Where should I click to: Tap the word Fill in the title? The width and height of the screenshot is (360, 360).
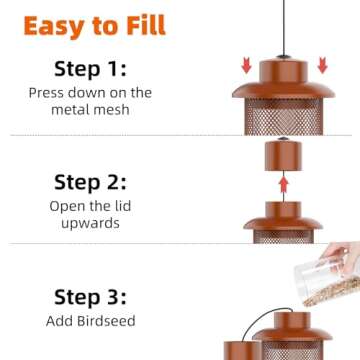tap(141, 25)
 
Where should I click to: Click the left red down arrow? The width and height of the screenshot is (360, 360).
tap(244, 66)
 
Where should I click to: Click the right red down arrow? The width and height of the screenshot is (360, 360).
tap(322, 66)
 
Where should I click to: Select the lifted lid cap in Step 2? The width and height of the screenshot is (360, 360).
tap(283, 159)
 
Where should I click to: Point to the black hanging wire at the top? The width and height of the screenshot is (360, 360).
tap(283, 25)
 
